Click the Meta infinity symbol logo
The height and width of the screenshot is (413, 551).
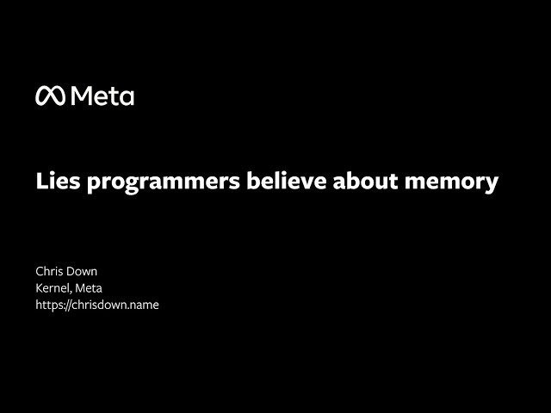click(x=49, y=96)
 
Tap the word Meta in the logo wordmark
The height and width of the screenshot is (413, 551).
click(x=102, y=96)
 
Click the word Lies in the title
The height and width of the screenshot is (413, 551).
click(x=53, y=182)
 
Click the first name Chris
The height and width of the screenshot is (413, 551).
click(x=51, y=272)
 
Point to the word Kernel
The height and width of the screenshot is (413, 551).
click(x=53, y=288)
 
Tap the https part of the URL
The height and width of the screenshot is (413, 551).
click(x=50, y=305)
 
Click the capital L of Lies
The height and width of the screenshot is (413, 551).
click(x=40, y=182)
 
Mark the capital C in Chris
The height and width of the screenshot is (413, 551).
click(x=40, y=272)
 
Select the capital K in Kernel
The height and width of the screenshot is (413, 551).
click(x=39, y=288)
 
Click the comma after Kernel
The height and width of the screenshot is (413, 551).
click(x=71, y=292)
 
